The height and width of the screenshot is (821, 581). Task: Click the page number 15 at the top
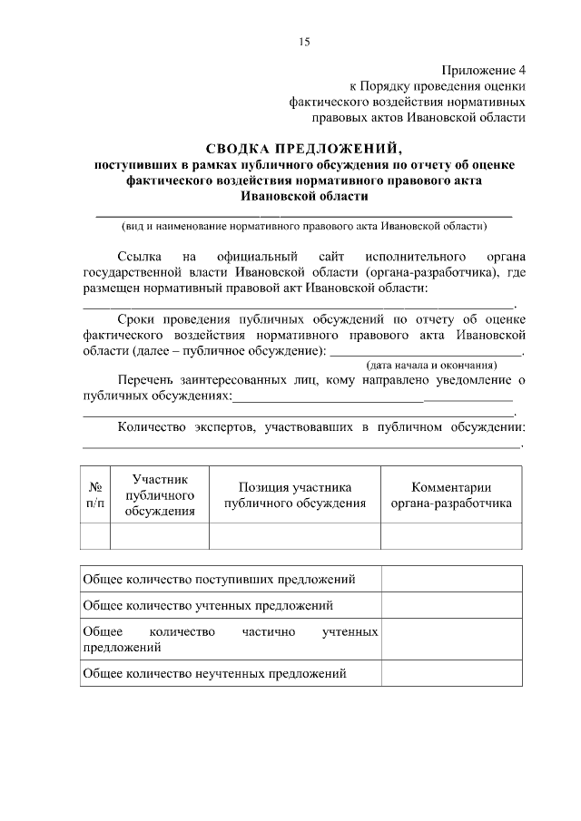pos(303,42)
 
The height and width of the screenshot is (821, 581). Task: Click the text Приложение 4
pos(484,70)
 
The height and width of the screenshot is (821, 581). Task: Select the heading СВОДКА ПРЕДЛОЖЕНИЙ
pos(303,149)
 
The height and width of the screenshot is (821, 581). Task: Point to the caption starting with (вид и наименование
pos(304,225)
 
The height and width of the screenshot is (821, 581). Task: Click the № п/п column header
pos(94,494)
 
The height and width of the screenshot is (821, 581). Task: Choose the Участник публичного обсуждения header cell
pos(160,494)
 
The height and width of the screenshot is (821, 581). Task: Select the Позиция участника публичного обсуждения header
pos(295,495)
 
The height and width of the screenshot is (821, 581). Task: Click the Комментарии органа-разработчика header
pos(451,495)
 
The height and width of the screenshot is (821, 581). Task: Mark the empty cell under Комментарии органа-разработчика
pos(451,536)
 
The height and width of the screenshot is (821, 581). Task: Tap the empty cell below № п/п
pos(94,536)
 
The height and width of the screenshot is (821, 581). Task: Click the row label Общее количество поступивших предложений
pos(219,579)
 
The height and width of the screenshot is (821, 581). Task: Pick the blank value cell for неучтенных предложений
pos(451,673)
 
